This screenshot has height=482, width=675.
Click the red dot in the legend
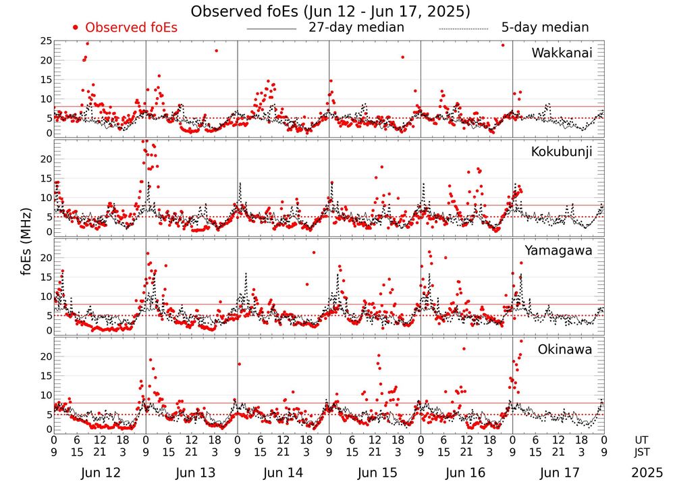pyautogui.click(x=76, y=28)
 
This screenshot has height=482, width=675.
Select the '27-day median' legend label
pyautogui.click(x=356, y=28)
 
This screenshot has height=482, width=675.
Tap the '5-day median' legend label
pyautogui.click(x=545, y=28)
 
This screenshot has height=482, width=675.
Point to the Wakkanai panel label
pyautogui.click(x=562, y=53)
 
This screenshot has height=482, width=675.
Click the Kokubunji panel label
pyautogui.click(x=562, y=151)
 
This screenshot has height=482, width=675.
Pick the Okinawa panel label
pyautogui.click(x=565, y=350)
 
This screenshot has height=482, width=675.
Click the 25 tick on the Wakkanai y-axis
pyautogui.click(x=45, y=41)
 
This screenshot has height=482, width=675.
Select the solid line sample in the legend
pyautogui.click(x=271, y=29)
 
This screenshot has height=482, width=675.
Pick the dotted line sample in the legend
pyautogui.click(x=463, y=29)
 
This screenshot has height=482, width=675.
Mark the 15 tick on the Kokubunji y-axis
pyautogui.click(x=45, y=178)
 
